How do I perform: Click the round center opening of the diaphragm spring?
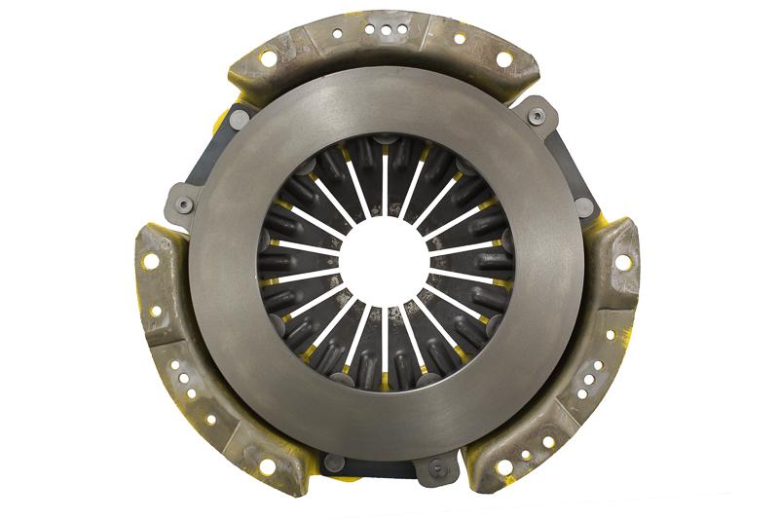[387, 261]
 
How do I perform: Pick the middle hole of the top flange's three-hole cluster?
[388, 30]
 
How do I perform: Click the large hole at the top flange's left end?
[268, 58]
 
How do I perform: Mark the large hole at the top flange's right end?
[503, 59]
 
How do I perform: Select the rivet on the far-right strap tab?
[584, 206]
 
